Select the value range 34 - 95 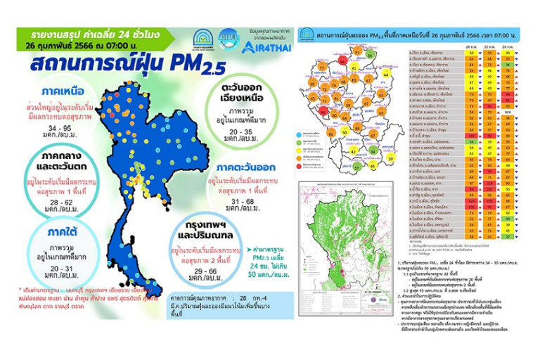42,129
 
